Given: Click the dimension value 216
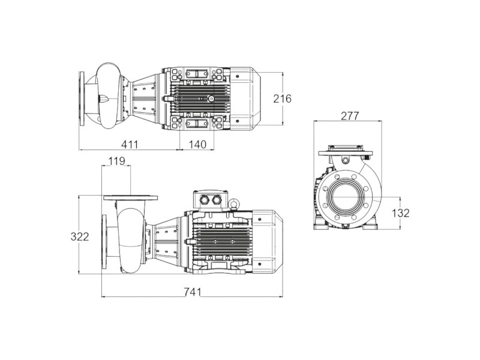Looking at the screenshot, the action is (x=282, y=99).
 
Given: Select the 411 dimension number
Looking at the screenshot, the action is (x=130, y=144).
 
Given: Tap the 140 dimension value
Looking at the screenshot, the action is (x=197, y=144).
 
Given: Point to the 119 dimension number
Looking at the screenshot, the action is (x=116, y=161).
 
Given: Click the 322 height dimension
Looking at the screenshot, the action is (x=80, y=236).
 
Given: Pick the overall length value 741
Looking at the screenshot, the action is (x=193, y=292).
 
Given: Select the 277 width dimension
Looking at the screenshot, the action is (x=350, y=116).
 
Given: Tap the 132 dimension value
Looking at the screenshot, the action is (x=400, y=213).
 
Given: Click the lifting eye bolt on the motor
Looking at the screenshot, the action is (x=235, y=204).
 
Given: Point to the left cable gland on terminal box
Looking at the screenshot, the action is (x=204, y=200).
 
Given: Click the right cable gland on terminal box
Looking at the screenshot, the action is (x=217, y=200).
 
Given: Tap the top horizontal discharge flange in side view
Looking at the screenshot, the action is (x=131, y=198).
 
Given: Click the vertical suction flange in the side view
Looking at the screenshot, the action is (x=104, y=241).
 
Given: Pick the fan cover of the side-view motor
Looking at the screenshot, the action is (x=267, y=242).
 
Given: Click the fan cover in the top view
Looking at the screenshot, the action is (x=245, y=98).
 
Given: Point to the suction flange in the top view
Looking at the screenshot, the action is (x=82, y=98).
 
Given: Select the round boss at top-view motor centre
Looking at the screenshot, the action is (x=211, y=98).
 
